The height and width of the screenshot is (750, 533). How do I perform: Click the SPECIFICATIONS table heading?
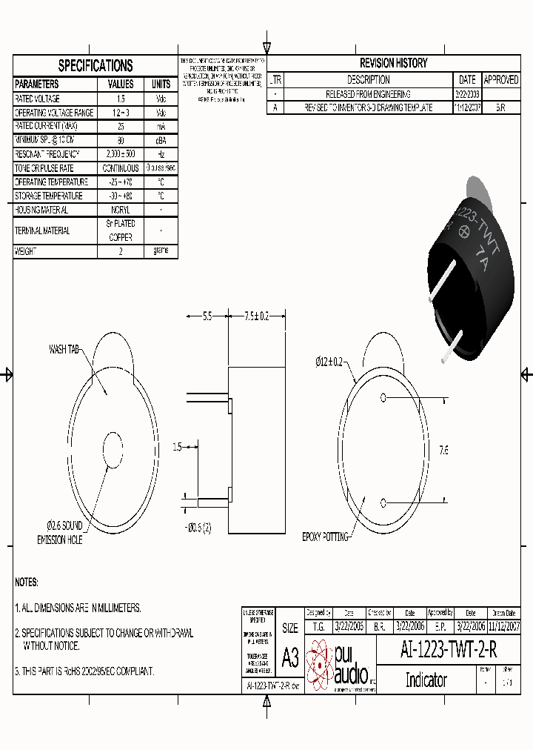click(95, 65)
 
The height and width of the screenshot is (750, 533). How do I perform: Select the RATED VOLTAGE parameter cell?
click(38, 99)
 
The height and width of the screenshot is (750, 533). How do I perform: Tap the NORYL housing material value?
click(121, 210)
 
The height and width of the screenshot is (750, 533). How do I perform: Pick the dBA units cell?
click(161, 140)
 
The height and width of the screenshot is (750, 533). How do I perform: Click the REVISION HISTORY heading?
click(393, 63)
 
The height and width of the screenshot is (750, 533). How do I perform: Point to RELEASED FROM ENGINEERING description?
click(368, 94)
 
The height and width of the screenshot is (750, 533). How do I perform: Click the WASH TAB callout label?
click(64, 348)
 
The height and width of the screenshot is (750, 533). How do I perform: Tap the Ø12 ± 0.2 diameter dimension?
click(329, 362)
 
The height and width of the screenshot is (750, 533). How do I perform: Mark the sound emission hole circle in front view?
click(113, 449)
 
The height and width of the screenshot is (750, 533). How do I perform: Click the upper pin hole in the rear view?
click(383, 397)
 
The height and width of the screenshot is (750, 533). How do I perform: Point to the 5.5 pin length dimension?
click(207, 316)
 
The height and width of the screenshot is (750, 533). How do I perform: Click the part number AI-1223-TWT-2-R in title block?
click(449, 650)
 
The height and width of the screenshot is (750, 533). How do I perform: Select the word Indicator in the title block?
click(426, 680)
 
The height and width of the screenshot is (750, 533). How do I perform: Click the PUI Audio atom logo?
click(320, 664)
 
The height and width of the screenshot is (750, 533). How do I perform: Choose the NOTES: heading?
click(27, 583)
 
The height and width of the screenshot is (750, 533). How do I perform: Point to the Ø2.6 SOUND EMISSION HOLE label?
click(60, 533)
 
